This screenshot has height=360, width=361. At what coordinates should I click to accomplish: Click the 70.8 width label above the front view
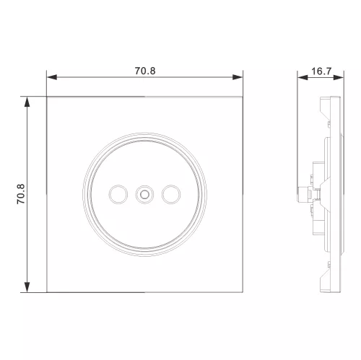[145, 71]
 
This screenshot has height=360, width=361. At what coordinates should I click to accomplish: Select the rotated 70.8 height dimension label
[21, 194]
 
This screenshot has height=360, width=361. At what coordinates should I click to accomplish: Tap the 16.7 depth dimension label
[321, 71]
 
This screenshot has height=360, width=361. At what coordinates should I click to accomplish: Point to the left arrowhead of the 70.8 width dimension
[52, 77]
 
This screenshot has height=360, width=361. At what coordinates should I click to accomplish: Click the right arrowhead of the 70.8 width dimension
[238, 77]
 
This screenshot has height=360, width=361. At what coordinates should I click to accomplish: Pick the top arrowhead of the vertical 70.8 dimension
[27, 102]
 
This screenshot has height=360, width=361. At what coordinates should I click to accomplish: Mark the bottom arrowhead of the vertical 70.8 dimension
[27, 287]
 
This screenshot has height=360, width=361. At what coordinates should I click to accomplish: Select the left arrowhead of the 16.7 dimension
[303, 77]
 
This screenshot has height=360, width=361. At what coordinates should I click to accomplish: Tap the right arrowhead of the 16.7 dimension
[339, 77]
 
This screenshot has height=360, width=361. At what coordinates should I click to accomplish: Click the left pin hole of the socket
[118, 194]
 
